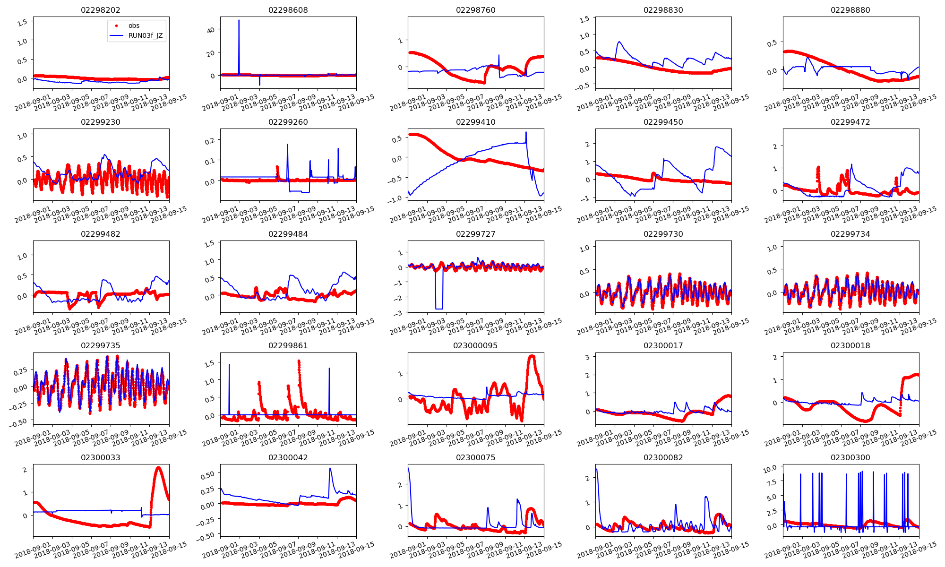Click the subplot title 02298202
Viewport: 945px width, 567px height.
pyautogui.click(x=101, y=10)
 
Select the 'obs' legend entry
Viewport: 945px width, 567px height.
pyautogui.click(x=134, y=26)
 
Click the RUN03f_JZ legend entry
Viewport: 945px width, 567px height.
pyautogui.click(x=145, y=35)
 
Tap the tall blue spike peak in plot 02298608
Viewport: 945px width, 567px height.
pyautogui.click(x=239, y=20)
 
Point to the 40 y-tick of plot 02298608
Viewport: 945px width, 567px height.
pyautogui.click(x=211, y=30)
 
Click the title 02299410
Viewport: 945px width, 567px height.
pyautogui.click(x=475, y=122)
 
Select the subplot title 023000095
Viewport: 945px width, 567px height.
pyautogui.click(x=475, y=345)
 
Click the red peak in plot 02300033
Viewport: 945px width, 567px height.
pyautogui.click(x=158, y=468)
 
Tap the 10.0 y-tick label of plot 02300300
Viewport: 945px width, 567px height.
pyautogui.click(x=770, y=468)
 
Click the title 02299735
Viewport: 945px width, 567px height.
pyautogui.click(x=101, y=345)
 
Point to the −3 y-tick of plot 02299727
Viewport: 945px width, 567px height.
pyautogui.click(x=400, y=313)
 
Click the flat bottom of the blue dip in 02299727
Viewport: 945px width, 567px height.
pyautogui.click(x=439, y=309)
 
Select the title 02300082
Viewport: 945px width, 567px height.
pyautogui.click(x=663, y=457)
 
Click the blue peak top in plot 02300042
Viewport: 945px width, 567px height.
pyautogui.click(x=330, y=468)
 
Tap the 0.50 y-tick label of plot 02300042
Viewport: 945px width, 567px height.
pyautogui.click(x=208, y=474)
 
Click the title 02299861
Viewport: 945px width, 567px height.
pyautogui.click(x=288, y=345)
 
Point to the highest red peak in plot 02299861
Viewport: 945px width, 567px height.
pyautogui.click(x=299, y=361)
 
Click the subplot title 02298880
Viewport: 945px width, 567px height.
pyautogui.click(x=850, y=10)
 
